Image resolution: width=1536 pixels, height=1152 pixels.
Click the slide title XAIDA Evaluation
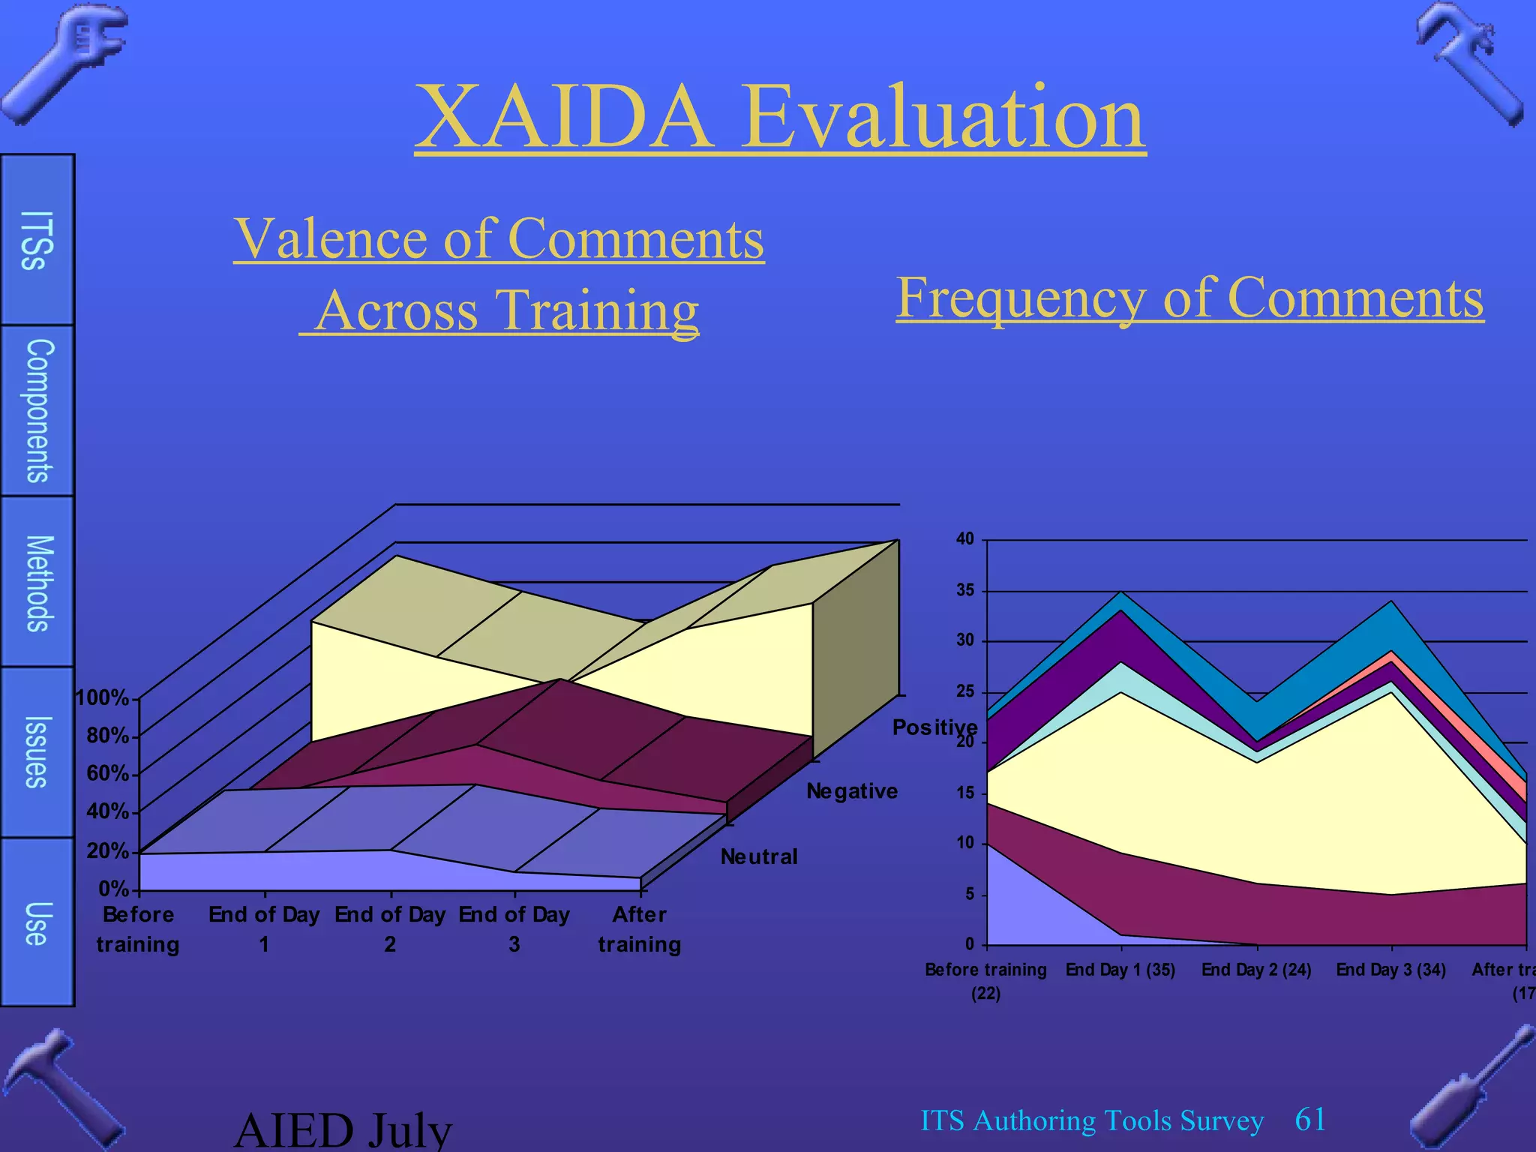coord(780,117)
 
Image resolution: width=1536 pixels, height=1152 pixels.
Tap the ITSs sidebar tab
coord(37,240)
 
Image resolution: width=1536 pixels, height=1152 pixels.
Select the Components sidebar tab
coord(38,410)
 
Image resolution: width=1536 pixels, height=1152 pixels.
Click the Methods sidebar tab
coord(38,583)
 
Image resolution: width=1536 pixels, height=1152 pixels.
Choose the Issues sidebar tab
coord(37,751)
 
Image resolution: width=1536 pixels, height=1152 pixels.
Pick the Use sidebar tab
coord(37,922)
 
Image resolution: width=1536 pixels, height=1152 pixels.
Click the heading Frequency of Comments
coord(1189,298)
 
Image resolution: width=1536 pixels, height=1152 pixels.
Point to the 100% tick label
coord(103,698)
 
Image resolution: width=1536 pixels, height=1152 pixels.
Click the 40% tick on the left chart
coord(108,811)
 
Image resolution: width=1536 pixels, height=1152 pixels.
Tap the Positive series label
coord(934,727)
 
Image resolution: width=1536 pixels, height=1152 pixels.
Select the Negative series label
coord(851,791)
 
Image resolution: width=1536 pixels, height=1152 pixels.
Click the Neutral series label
coord(758,856)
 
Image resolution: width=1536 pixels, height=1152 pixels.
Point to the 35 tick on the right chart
coord(965,590)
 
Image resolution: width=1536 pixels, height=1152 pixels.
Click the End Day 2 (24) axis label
coord(1256,970)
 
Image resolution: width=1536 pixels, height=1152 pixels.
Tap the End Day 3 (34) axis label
coord(1390,970)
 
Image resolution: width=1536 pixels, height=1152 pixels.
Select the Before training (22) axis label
coord(985,980)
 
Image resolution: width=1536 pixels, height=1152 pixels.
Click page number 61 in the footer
coord(1310,1120)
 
